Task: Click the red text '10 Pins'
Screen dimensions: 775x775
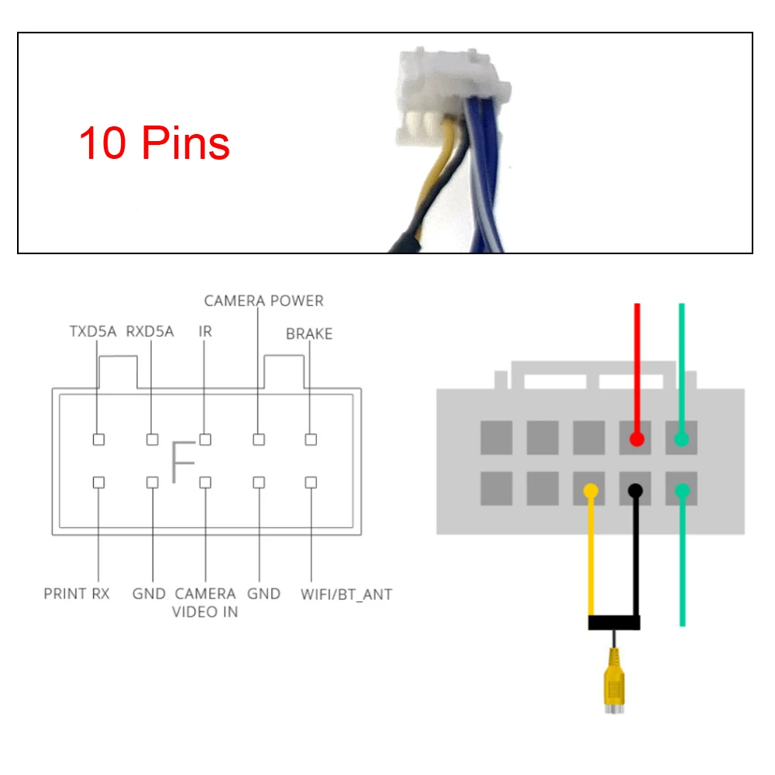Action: tap(154, 143)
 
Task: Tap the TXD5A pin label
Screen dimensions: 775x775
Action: tap(91, 332)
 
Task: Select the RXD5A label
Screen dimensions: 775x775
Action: tap(150, 332)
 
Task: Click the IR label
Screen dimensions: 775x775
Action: tap(205, 332)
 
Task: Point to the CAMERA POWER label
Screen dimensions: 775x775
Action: tap(263, 301)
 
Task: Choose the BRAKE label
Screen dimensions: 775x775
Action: tap(309, 334)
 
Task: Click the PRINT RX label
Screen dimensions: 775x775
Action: tap(77, 594)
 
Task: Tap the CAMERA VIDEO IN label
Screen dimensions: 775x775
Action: tap(205, 602)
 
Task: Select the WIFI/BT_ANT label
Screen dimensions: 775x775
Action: tap(346, 594)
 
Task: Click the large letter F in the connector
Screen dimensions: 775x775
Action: tap(183, 462)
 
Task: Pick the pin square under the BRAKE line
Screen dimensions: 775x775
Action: tap(311, 439)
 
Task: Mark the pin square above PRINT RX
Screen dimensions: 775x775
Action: tap(98, 482)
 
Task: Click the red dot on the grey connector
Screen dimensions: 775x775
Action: tap(637, 439)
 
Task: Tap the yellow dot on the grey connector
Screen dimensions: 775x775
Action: tap(591, 491)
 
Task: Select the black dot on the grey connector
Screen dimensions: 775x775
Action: tap(636, 491)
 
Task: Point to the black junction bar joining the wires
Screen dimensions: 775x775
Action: tap(614, 622)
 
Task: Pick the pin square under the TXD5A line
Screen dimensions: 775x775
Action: tap(98, 439)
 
